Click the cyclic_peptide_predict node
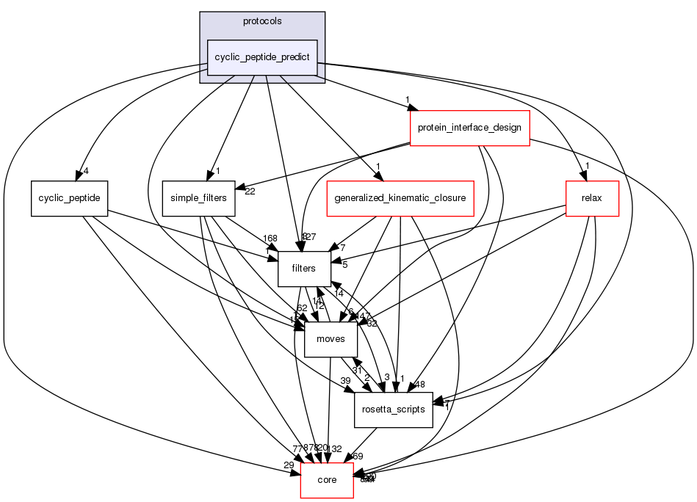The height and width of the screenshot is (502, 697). (x=262, y=57)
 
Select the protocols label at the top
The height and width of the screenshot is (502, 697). (x=262, y=21)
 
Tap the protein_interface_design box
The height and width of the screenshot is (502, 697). (x=469, y=128)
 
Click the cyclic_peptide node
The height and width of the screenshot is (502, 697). (x=70, y=198)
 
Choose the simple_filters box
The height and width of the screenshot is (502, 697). (x=198, y=198)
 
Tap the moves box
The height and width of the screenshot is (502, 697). (x=331, y=339)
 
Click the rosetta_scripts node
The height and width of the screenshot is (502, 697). (x=394, y=410)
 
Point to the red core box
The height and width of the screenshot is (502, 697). (x=326, y=480)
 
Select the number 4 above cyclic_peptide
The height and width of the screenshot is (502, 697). (x=86, y=172)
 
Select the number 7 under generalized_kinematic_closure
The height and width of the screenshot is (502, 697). (x=342, y=247)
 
